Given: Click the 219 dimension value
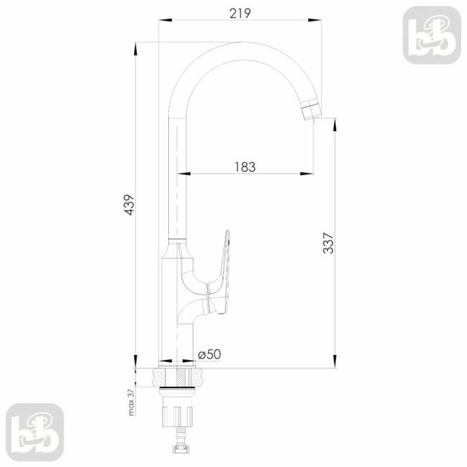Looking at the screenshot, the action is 240,14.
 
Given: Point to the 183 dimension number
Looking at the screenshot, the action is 245,167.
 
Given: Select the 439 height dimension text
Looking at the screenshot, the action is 130,205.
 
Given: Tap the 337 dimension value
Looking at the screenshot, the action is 329,243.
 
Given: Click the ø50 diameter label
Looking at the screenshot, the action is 210,354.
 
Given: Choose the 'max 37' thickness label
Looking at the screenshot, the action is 132,402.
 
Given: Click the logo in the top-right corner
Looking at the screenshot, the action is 431,35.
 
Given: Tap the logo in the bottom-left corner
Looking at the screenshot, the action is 35,432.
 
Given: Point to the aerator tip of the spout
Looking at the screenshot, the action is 312,110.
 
